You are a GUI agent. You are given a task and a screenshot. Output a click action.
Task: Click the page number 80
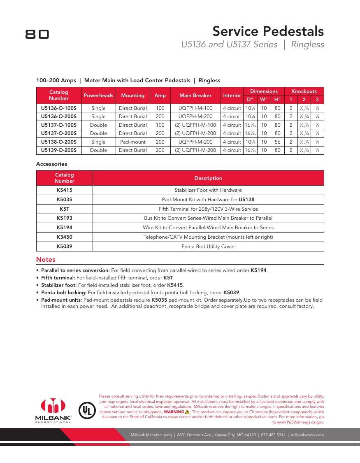[x=37, y=34]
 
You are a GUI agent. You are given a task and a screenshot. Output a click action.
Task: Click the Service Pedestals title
[x=268, y=31]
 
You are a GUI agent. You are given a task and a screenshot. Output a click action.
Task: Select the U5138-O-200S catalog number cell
[x=59, y=142]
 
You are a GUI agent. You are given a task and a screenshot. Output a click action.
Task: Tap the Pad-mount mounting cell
[x=132, y=142]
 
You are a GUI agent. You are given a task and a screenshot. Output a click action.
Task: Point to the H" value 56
[x=278, y=142]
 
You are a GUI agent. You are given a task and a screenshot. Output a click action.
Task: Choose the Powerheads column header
[x=98, y=95]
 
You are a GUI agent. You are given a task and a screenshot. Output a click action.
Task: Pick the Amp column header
[x=160, y=95]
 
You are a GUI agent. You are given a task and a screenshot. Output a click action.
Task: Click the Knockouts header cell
[x=304, y=91]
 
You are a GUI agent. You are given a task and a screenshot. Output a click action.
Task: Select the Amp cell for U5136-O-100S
[x=160, y=108]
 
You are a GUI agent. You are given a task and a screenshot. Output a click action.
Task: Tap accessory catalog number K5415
[x=65, y=190]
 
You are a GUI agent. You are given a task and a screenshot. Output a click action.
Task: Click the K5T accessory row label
[x=65, y=209]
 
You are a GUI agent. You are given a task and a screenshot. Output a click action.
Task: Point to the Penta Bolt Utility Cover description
[x=208, y=247]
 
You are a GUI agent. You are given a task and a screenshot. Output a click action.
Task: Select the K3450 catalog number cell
[x=65, y=237]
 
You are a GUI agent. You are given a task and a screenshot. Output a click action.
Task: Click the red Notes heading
[x=46, y=260]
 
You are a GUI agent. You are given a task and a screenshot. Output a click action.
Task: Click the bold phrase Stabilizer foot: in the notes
[x=59, y=285]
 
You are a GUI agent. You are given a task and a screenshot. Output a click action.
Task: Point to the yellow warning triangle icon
[x=187, y=412]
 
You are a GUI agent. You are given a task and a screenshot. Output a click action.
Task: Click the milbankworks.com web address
[x=307, y=435]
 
